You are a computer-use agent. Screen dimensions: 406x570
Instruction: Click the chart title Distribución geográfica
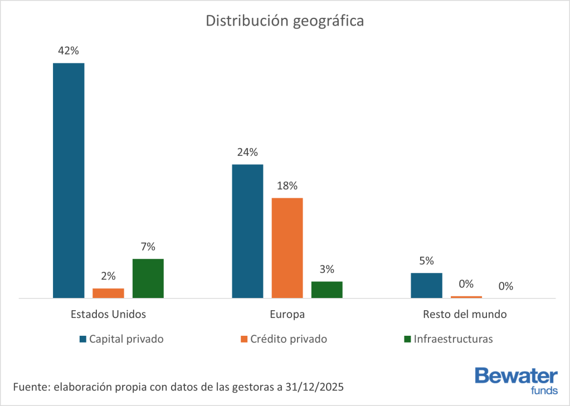coord(285,21)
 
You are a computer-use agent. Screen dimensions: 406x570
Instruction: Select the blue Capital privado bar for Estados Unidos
coord(69,180)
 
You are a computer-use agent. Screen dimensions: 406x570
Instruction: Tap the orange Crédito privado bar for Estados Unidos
coord(108,293)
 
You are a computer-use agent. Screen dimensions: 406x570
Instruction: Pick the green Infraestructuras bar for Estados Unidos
coord(148,278)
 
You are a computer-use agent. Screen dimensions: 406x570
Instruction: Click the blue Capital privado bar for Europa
coord(247,231)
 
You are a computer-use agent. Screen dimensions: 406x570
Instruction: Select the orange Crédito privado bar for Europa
coord(287,248)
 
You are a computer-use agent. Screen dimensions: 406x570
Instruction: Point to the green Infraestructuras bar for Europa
coord(327,290)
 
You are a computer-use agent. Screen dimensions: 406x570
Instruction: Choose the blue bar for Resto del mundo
coord(426,285)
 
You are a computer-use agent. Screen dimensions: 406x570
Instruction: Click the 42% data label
coord(69,51)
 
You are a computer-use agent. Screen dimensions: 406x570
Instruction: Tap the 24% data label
coord(247,152)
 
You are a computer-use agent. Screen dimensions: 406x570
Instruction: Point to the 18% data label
coord(287,185)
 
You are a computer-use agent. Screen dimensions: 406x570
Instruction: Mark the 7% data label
coord(148,247)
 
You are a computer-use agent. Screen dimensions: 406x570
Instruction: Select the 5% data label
coord(426,261)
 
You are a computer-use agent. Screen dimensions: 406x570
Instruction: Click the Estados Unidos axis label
coord(108,314)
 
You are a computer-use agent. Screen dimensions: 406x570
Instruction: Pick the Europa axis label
coord(287,314)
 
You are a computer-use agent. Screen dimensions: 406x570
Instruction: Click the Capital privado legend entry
coord(126,339)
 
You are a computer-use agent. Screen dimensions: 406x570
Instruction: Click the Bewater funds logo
coord(515,380)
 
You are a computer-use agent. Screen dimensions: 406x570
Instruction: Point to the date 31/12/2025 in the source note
coord(316,387)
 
